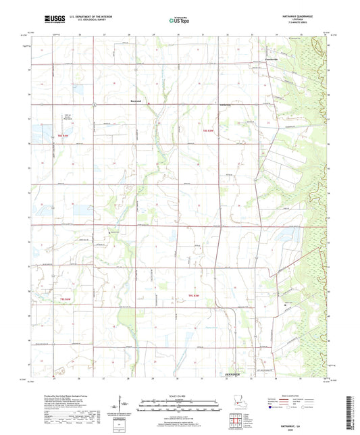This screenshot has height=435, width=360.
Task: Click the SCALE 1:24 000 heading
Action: point(180,396)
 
